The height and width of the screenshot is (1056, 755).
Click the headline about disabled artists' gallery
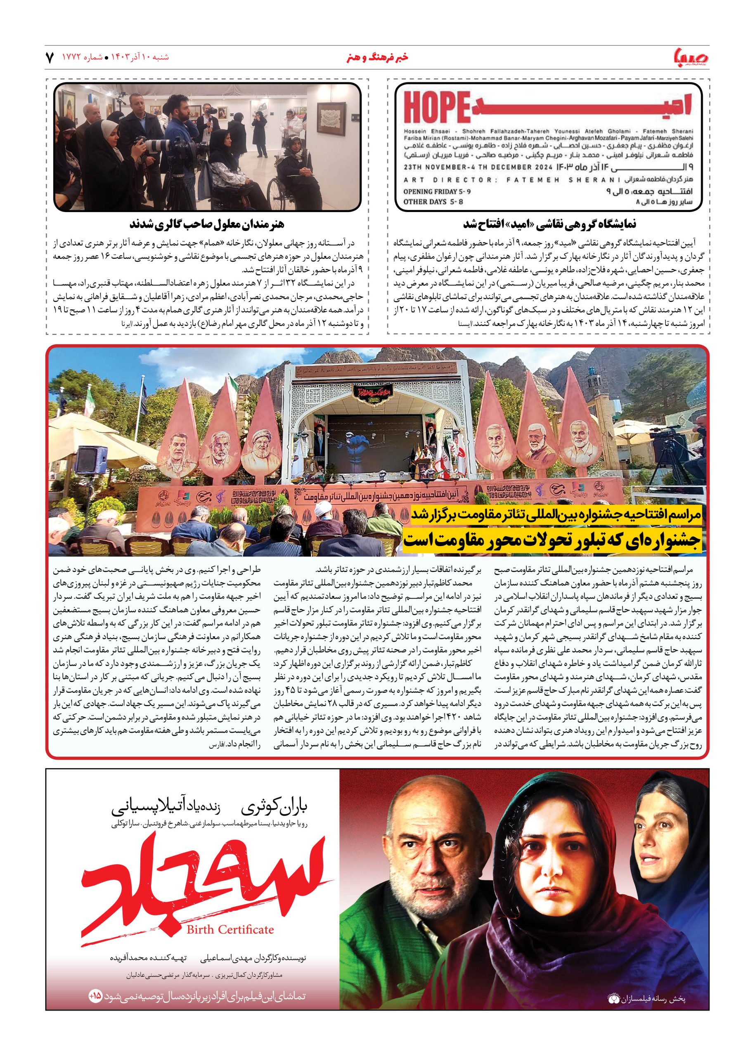[207, 224]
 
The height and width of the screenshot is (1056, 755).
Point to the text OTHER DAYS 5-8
[433, 202]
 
